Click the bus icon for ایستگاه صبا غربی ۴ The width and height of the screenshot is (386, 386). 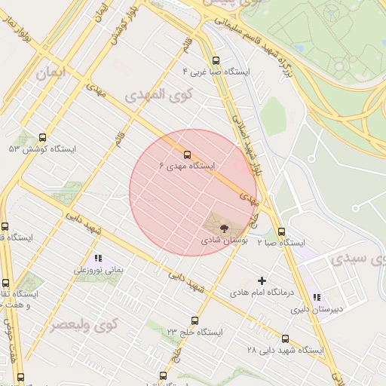216,61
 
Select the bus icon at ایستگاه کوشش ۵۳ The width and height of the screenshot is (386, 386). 41,138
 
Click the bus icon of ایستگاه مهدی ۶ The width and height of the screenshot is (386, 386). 188,155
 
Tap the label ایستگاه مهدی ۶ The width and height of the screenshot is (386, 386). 188,165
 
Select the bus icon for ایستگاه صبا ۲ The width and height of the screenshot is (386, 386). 281,231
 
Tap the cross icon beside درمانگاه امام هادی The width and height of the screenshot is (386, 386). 262,280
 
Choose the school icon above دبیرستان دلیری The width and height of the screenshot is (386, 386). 317,297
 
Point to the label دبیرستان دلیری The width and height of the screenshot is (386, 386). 317,308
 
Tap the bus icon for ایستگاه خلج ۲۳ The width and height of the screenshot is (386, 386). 195,321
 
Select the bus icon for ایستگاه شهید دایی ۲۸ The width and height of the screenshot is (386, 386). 284,339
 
